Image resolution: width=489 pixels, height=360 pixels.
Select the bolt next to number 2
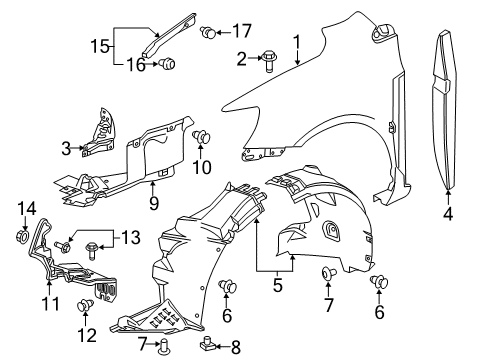tap(271, 59)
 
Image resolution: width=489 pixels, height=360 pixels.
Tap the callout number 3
tap(66, 149)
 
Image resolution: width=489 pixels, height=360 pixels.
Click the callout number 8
tap(236, 347)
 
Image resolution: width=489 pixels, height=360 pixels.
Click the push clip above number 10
tap(200, 136)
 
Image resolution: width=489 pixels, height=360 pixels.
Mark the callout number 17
tap(242, 31)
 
